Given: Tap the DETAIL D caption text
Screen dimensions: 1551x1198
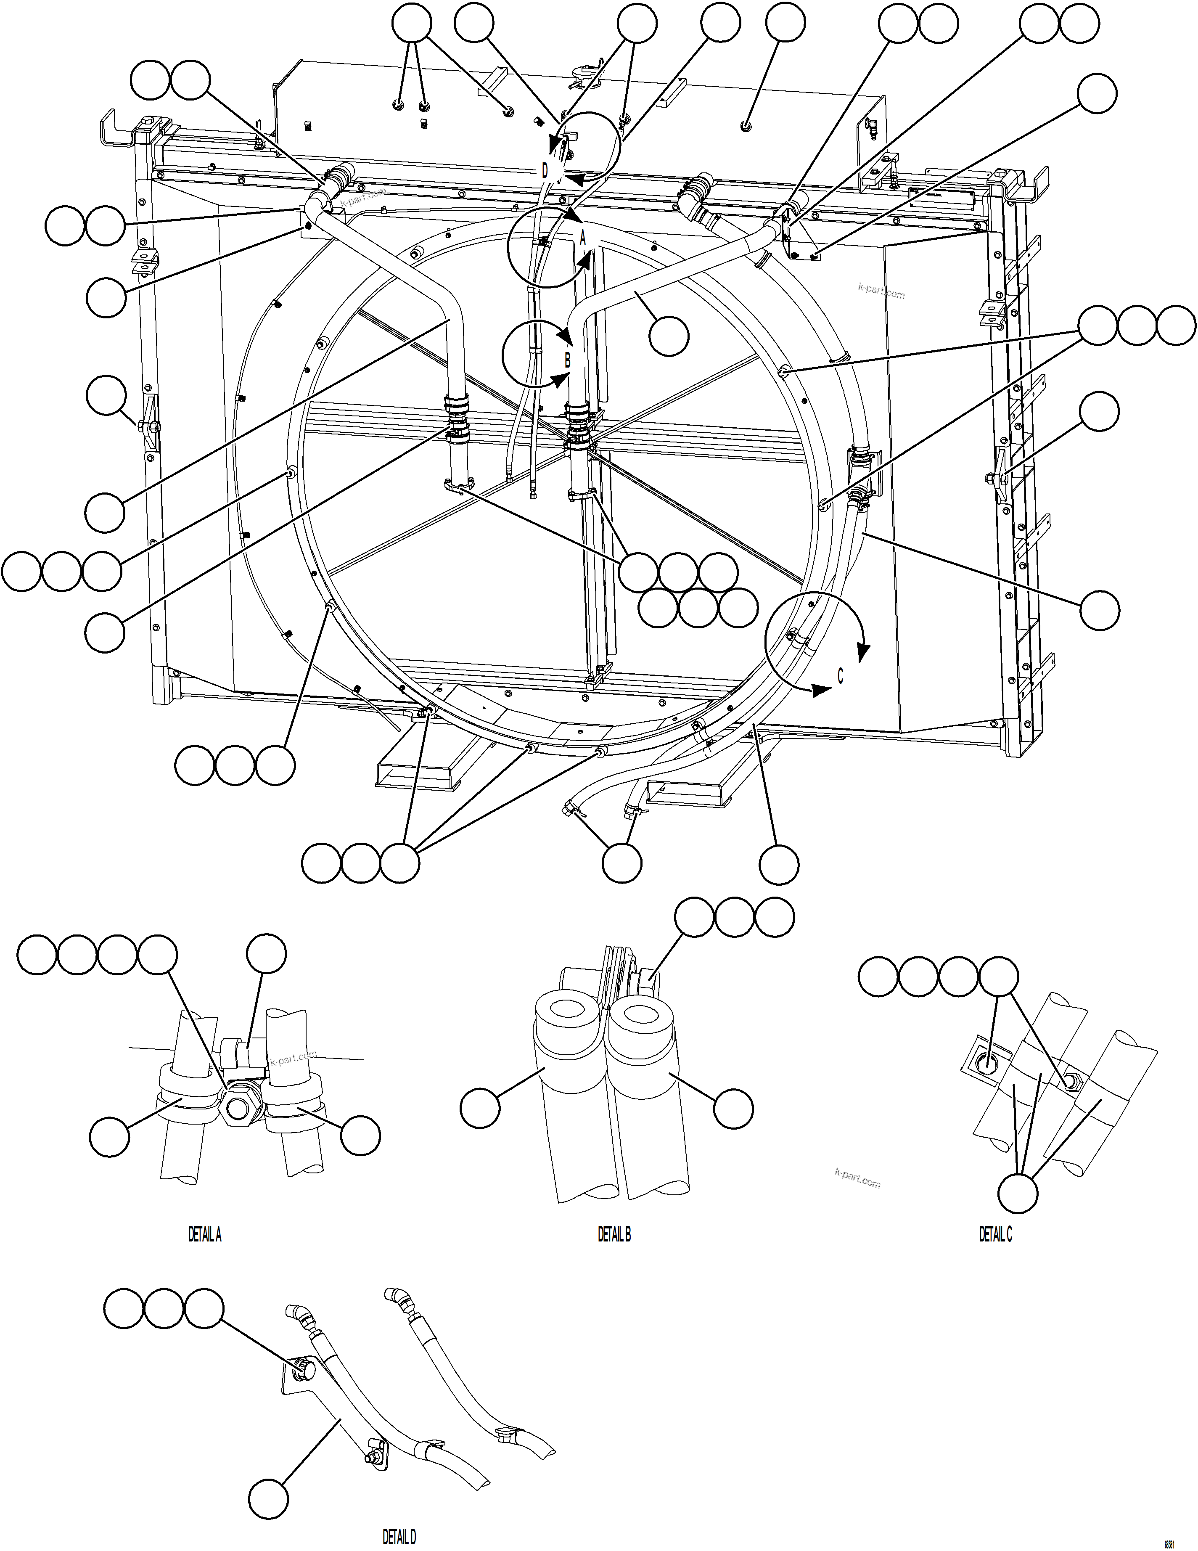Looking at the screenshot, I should pyautogui.click(x=399, y=1537).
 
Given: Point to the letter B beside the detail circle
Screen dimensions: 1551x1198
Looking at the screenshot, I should pyautogui.click(x=567, y=360).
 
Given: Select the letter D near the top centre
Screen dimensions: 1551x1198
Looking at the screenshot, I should pyautogui.click(x=545, y=171).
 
